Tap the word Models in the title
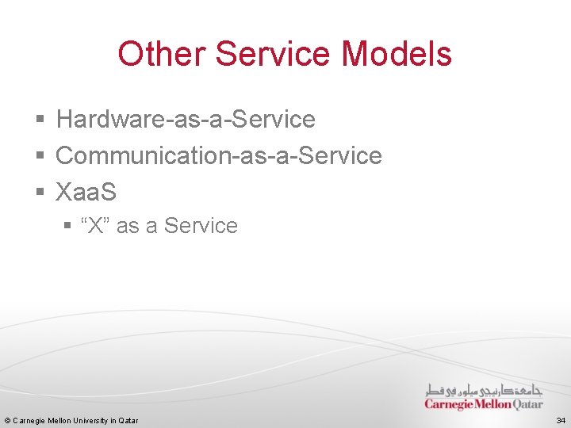tap(397, 54)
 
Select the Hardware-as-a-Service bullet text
tap(186, 120)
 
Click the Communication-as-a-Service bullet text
tap(219, 156)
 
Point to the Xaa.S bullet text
tap(86, 192)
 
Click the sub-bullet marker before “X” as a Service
tap(67, 227)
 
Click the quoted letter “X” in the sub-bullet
tap(96, 226)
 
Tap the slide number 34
tap(561, 420)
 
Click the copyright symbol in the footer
tap(7, 420)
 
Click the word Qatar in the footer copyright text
tap(128, 420)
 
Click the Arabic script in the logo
tap(484, 390)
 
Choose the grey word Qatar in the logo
tap(528, 404)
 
